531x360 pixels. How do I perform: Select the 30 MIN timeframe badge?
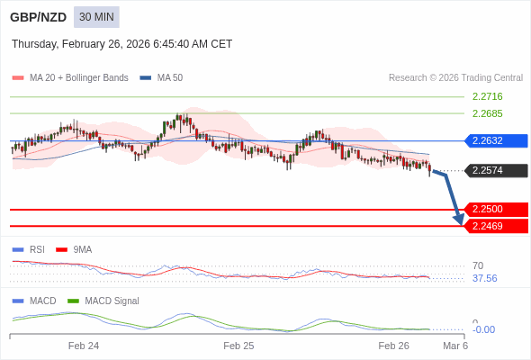(x=96, y=17)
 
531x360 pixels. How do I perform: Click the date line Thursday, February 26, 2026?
(x=121, y=44)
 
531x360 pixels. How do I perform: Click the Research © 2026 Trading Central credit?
(x=455, y=77)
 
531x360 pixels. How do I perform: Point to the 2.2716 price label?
(x=487, y=96)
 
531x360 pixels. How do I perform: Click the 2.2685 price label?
(x=487, y=113)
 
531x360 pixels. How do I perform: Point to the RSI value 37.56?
(x=484, y=278)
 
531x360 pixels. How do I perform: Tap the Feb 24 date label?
(x=84, y=346)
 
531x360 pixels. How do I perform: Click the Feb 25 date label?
(x=238, y=346)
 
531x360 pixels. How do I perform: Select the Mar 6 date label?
(x=455, y=346)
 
